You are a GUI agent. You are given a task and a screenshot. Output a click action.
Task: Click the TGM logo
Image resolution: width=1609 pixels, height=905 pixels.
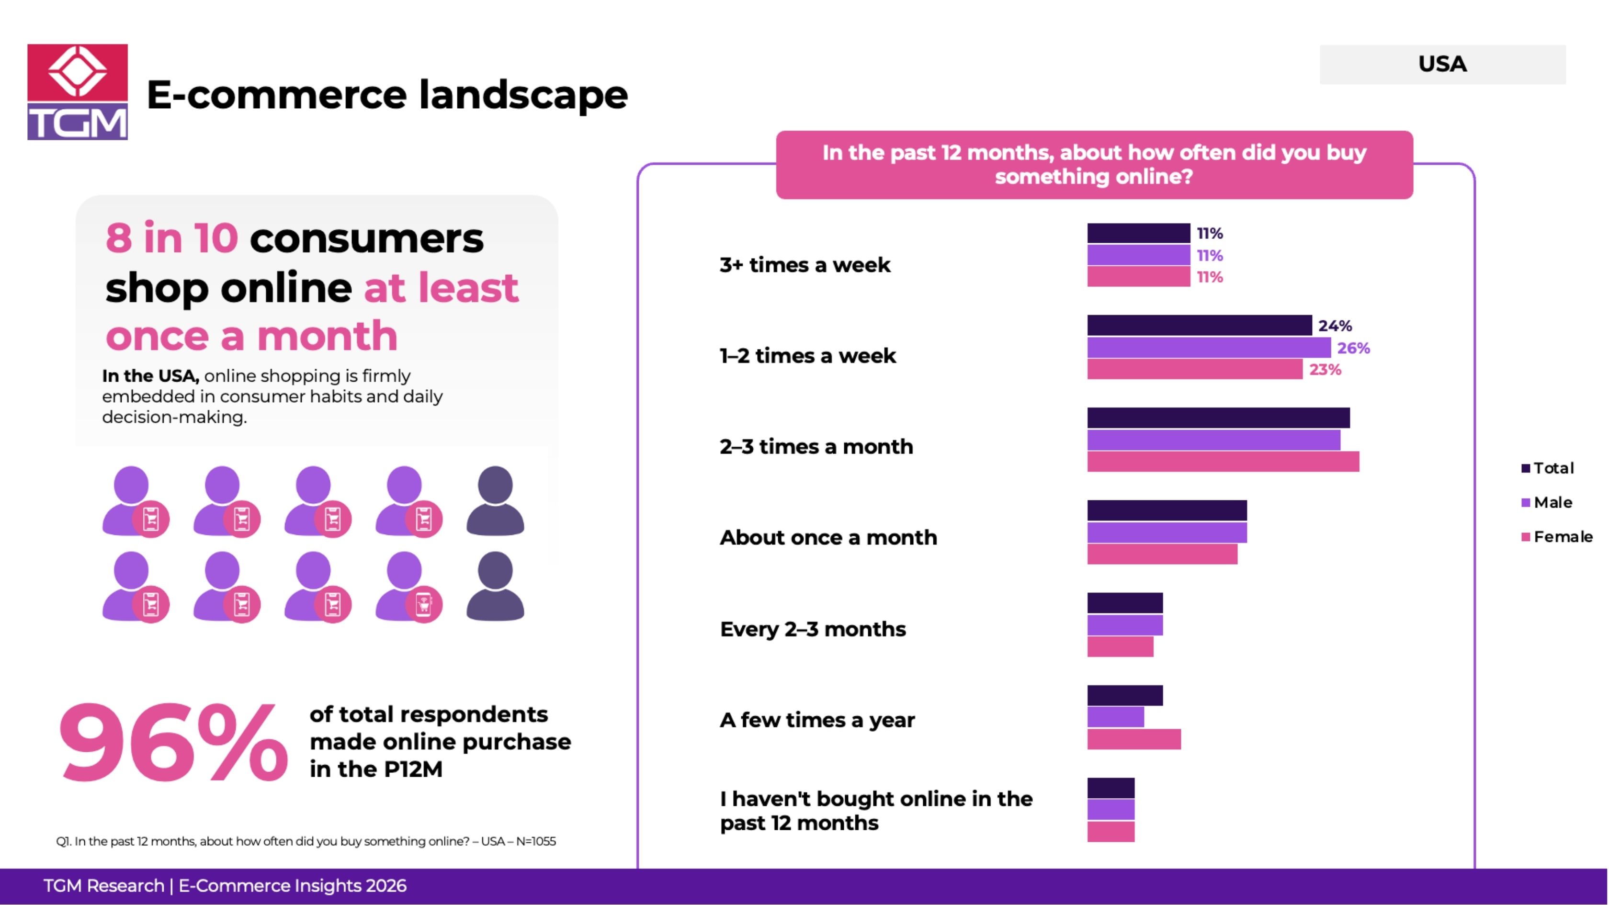click(x=78, y=92)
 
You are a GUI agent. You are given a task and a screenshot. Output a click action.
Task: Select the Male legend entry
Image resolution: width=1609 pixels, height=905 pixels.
click(x=1552, y=502)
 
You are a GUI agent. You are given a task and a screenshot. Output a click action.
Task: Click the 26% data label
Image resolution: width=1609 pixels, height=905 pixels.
click(x=1353, y=348)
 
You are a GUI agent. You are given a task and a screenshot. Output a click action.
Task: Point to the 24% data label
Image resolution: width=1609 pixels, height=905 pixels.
click(x=1335, y=326)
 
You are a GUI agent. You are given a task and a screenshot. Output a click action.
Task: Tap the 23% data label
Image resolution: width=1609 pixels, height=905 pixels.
click(x=1325, y=370)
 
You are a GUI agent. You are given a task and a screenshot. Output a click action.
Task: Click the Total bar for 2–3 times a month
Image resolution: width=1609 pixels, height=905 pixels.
click(x=1218, y=418)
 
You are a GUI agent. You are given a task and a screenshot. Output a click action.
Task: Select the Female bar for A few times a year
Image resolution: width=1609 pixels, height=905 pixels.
click(x=1133, y=739)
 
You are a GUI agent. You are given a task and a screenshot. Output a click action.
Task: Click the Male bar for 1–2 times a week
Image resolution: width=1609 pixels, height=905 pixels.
click(x=1209, y=347)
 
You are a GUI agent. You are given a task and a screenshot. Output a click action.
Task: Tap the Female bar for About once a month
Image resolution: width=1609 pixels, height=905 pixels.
click(x=1162, y=554)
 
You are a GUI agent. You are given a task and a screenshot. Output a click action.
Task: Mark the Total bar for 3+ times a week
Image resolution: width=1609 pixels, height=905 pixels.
click(x=1138, y=233)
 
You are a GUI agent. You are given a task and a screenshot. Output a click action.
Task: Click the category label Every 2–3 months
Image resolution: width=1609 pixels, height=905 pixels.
click(x=813, y=629)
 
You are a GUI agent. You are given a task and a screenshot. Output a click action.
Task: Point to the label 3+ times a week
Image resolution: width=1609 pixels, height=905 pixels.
click(x=804, y=265)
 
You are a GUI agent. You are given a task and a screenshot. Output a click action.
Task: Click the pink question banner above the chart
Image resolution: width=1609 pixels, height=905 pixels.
click(x=1094, y=165)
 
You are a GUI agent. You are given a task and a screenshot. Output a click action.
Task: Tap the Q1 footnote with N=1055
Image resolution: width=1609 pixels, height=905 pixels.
click(x=306, y=841)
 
